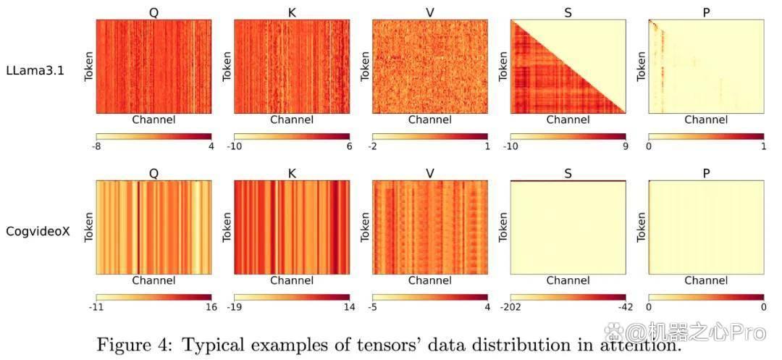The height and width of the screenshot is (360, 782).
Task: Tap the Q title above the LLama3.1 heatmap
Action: pos(154,13)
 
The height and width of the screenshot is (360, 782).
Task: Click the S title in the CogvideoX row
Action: pos(568,174)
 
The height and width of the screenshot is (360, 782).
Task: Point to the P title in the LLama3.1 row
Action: pos(706,13)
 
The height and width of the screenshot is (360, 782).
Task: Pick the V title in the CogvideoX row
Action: pos(430,174)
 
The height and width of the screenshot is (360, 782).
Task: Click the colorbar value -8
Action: pos(96,146)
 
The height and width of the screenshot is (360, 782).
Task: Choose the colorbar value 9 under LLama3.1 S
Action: pos(626,146)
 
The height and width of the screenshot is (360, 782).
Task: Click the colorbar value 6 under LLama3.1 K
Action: pos(350,146)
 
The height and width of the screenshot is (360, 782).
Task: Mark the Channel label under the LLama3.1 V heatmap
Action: pos(430,120)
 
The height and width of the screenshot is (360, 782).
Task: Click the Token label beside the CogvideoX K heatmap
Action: pos(227,228)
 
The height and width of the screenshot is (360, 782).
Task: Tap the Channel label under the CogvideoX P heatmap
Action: pos(706,281)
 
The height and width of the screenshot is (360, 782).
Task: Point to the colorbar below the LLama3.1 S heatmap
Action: pos(568,136)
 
